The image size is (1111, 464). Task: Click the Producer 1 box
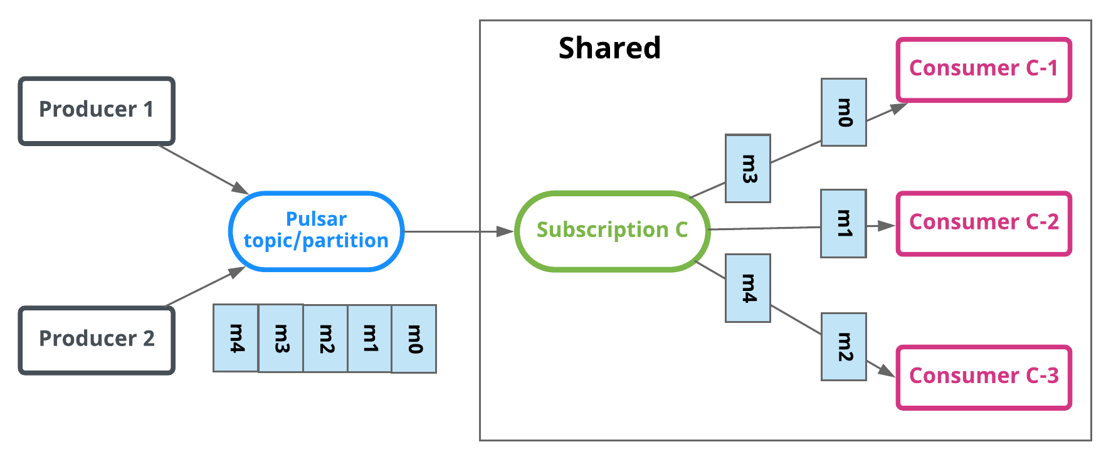click(97, 111)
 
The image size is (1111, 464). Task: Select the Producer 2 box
click(97, 340)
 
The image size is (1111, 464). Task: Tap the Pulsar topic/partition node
click(316, 231)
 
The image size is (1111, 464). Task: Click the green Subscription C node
click(612, 231)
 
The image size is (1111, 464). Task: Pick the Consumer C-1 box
click(983, 70)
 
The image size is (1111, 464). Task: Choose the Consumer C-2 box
click(983, 223)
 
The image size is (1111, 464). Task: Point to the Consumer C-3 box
click(983, 377)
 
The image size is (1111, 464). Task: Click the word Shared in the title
click(609, 48)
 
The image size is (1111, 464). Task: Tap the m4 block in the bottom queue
click(236, 339)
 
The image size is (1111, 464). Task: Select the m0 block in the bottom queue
click(414, 339)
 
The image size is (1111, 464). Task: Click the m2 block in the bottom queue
click(325, 339)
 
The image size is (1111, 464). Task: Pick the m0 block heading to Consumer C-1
click(844, 112)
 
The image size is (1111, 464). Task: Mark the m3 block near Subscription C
click(748, 168)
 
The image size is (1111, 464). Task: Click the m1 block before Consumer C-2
click(844, 223)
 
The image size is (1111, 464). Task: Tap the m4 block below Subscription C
click(748, 288)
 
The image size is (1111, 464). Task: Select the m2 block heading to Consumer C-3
click(844, 347)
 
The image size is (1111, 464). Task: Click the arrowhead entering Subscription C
click(505, 231)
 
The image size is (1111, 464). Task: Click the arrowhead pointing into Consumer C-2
click(887, 226)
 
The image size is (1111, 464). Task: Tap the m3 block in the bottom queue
click(281, 339)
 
